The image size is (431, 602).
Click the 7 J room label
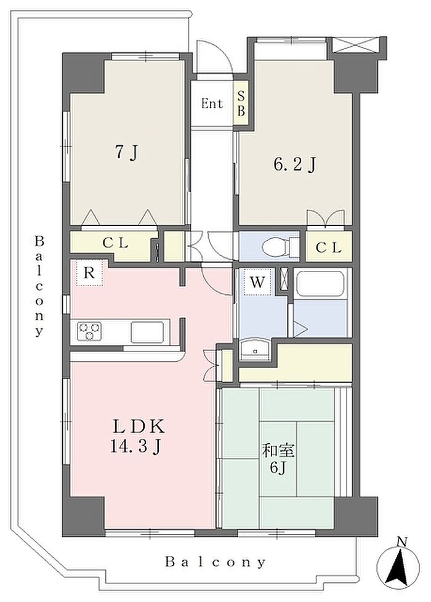pyautogui.click(x=127, y=153)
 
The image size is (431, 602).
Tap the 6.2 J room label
pyautogui.click(x=295, y=165)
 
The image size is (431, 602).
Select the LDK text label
pyautogui.click(x=139, y=427)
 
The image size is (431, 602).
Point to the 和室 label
pyautogui.click(x=278, y=451)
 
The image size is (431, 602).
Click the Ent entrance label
pyautogui.click(x=212, y=103)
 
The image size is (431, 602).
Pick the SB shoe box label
pyautogui.click(x=241, y=103)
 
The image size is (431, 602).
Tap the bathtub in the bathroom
pyautogui.click(x=321, y=284)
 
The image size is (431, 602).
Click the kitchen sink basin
pyautogui.click(x=147, y=332)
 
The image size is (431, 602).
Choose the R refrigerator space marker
pyautogui.click(x=89, y=273)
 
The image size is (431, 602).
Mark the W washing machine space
pyautogui.click(x=257, y=282)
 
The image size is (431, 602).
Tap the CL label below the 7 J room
pyautogui.click(x=115, y=243)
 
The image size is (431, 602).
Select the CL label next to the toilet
pyautogui.click(x=328, y=247)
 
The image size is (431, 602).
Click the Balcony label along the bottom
pyautogui.click(x=216, y=563)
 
